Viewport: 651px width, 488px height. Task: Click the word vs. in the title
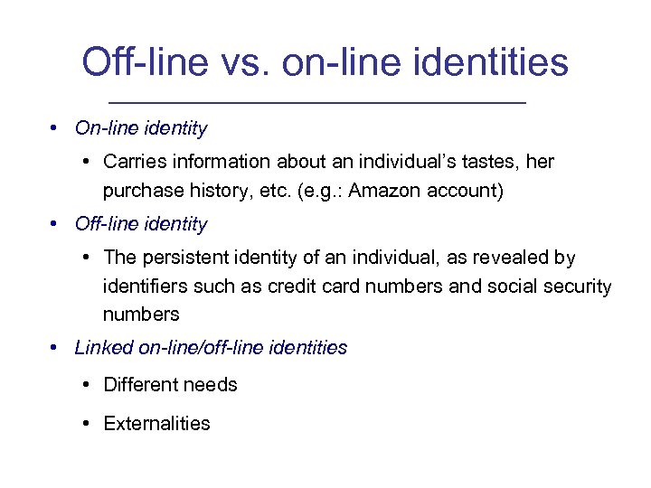243,62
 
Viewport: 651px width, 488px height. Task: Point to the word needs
212,385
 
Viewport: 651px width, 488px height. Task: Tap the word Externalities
156,423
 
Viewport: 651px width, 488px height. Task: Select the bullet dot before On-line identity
55,128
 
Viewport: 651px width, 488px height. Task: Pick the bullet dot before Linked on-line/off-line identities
55,348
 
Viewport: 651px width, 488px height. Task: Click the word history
219,191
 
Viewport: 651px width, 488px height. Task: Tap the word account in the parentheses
469,191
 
